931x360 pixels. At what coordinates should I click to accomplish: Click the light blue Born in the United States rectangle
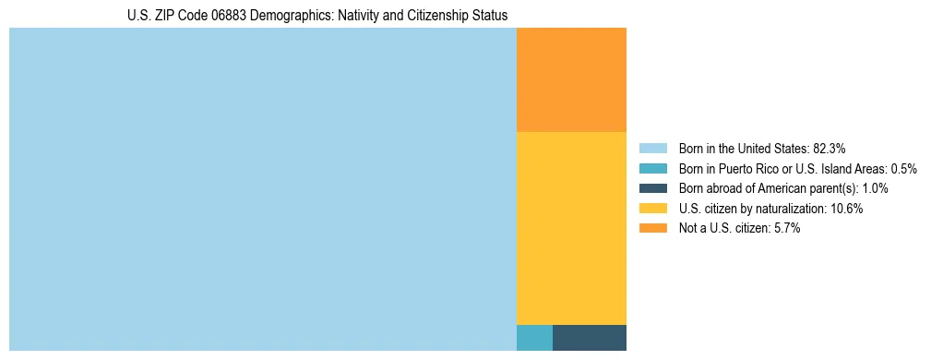262,189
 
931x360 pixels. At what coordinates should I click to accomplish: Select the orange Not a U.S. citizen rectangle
571,80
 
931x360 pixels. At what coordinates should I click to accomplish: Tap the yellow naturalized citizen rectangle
571,228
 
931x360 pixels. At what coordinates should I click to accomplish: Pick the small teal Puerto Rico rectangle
534,338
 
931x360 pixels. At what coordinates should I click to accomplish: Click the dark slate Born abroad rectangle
589,338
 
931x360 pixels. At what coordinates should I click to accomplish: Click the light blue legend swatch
652,148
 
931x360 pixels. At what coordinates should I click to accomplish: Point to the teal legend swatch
652,168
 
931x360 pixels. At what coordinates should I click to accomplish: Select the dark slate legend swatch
652,188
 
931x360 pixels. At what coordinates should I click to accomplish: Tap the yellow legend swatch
652,209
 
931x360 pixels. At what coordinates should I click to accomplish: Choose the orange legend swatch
652,229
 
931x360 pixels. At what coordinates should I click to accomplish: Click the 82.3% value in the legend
830,148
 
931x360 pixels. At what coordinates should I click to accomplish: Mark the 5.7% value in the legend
787,229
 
